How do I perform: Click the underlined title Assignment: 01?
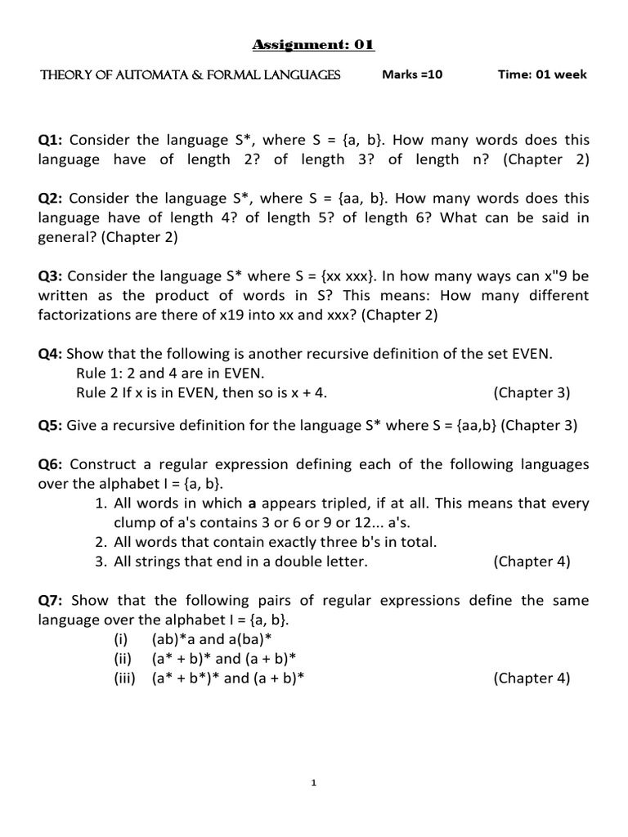(314, 46)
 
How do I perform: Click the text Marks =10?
(412, 75)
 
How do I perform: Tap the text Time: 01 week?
(542, 75)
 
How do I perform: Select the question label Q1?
(53, 141)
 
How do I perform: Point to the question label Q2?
(53, 199)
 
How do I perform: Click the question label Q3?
(53, 276)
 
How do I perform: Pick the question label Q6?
(53, 464)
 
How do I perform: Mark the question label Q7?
(53, 601)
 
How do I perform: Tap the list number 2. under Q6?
(101, 542)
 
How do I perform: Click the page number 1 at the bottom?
(314, 783)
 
